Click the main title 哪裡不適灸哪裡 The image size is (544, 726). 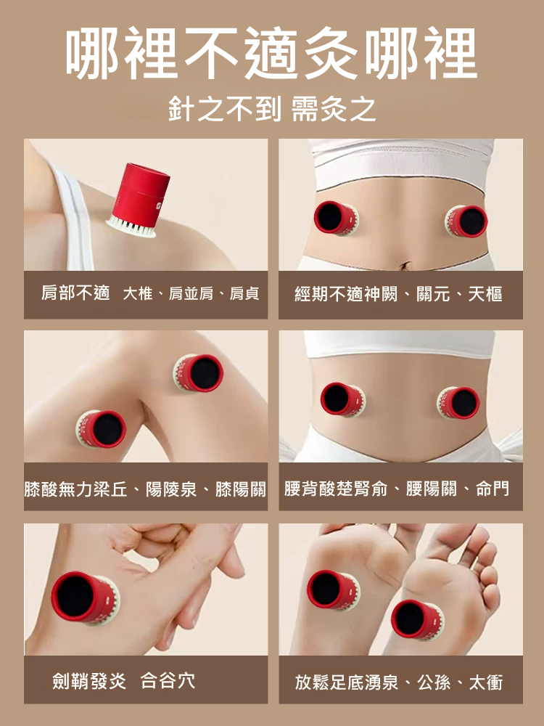tap(271, 53)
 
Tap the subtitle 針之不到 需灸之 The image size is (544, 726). tap(272, 110)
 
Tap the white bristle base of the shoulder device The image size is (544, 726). tap(131, 228)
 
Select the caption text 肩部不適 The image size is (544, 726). tap(76, 293)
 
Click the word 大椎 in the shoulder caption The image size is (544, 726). tap(138, 293)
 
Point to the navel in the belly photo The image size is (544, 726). tap(406, 265)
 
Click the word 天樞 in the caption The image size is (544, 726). tap(485, 294)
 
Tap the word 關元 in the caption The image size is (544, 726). tap(434, 294)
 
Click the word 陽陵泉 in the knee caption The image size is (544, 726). tap(171, 489)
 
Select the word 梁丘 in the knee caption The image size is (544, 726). tap(110, 489)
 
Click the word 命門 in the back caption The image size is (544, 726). tap(493, 489)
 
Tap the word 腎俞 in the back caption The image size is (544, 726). tap(370, 489)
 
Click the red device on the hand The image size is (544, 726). tap(85, 598)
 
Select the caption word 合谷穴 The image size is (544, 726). tap(168, 681)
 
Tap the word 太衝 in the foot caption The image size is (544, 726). tap(486, 682)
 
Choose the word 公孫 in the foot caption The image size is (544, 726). tap(434, 682)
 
